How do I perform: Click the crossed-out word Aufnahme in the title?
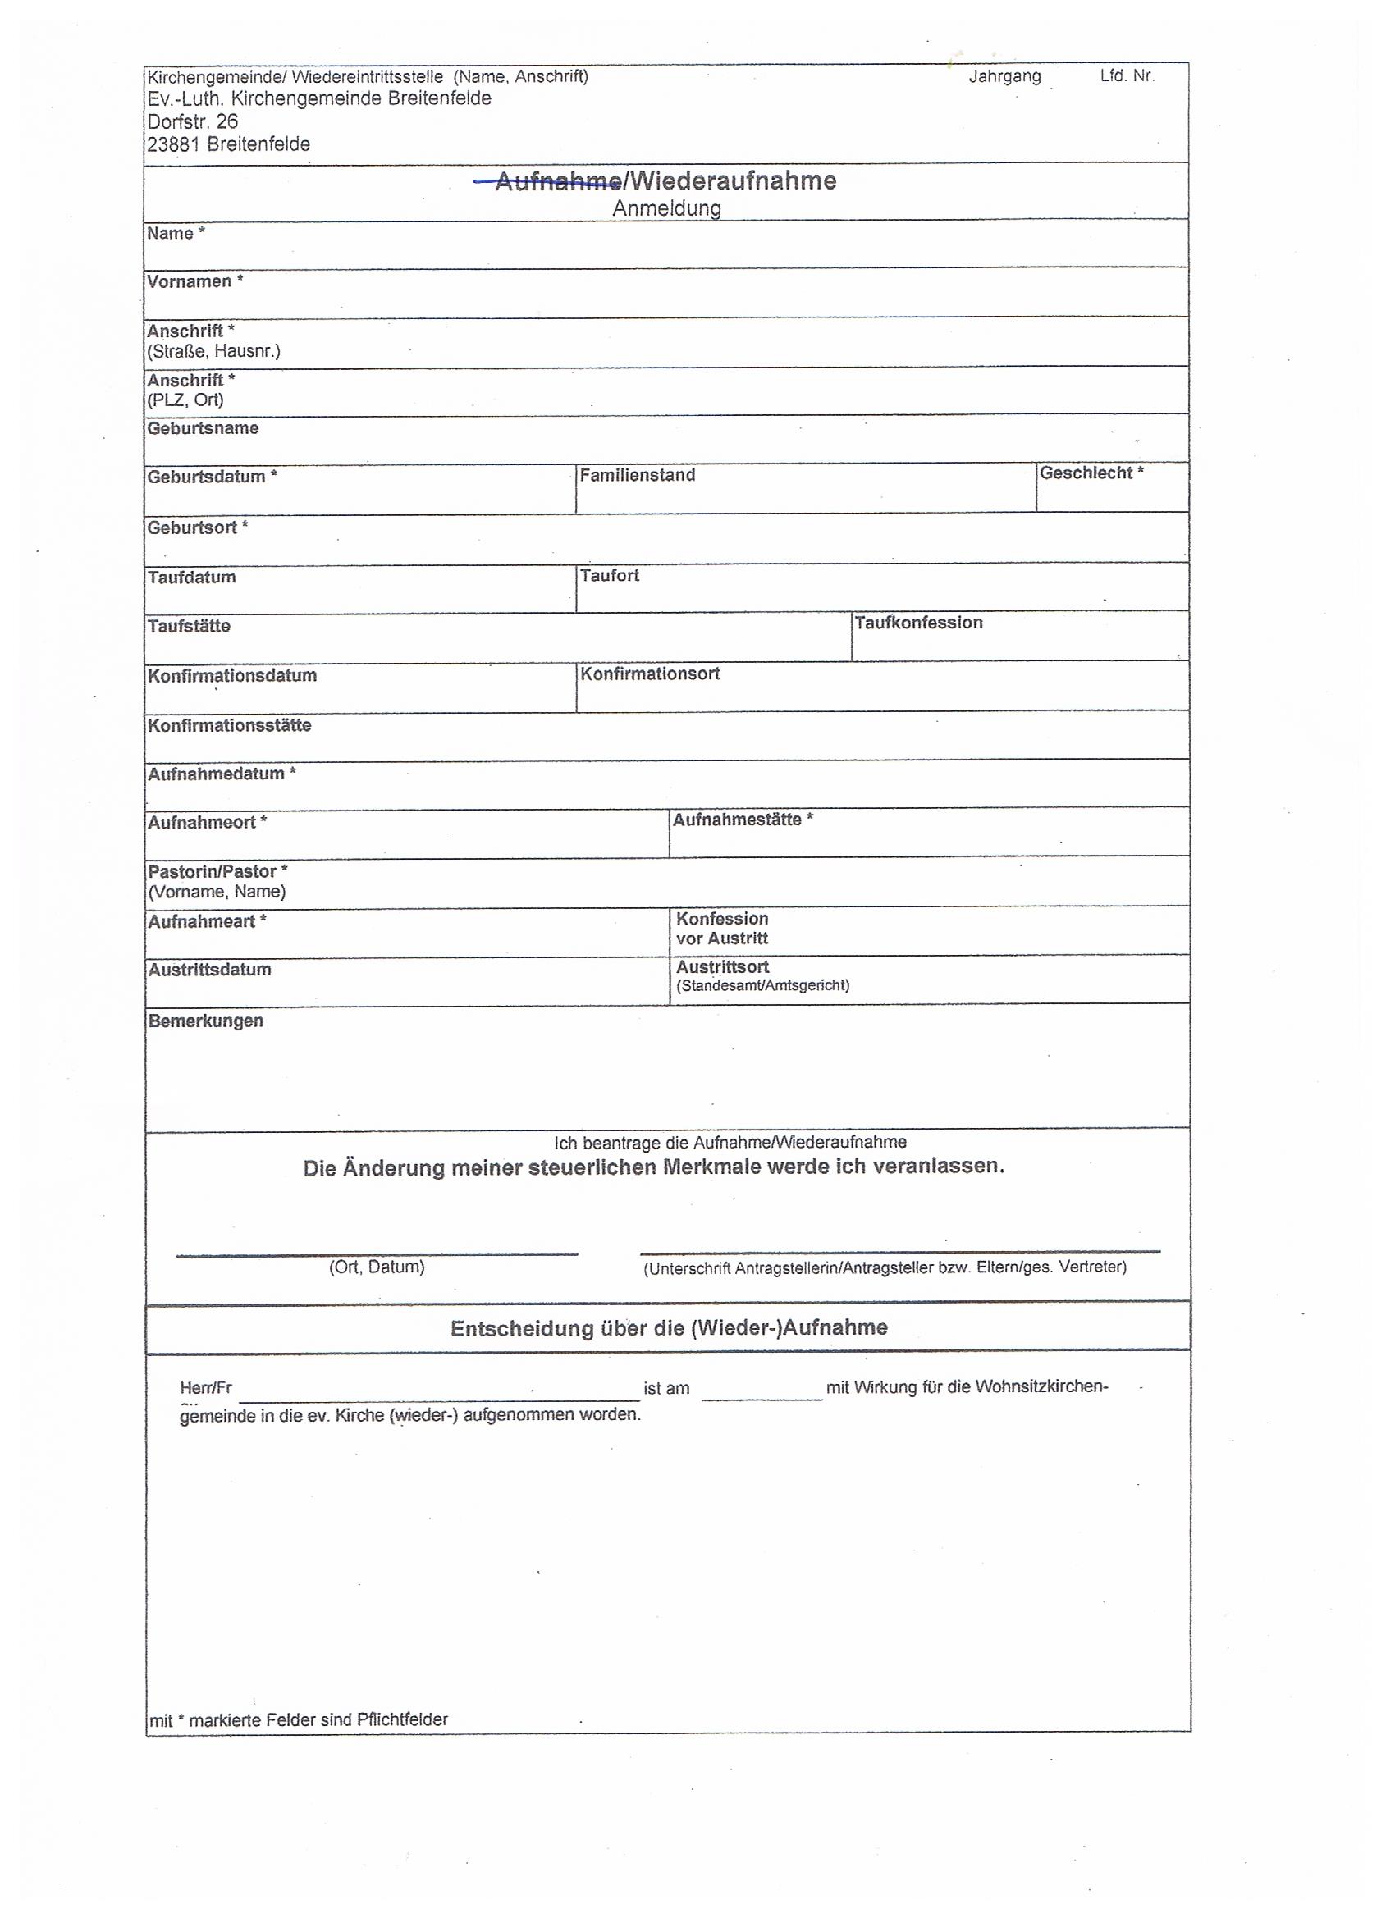click(557, 181)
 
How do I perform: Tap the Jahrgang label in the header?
click(1004, 76)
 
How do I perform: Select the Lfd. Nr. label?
click(1126, 75)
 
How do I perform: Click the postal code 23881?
click(173, 144)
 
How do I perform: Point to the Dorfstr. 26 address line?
click(193, 121)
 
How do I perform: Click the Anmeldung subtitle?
click(666, 208)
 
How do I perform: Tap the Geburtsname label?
click(203, 428)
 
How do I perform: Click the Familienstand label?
click(637, 475)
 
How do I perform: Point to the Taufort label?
click(609, 576)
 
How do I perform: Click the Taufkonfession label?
click(918, 623)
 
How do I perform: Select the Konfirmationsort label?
click(649, 674)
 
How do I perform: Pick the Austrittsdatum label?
click(209, 970)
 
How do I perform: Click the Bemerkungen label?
click(206, 1021)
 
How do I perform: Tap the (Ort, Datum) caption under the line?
click(377, 1267)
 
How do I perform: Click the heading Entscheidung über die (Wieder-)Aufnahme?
click(668, 1327)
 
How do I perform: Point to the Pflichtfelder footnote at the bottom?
click(299, 1719)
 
